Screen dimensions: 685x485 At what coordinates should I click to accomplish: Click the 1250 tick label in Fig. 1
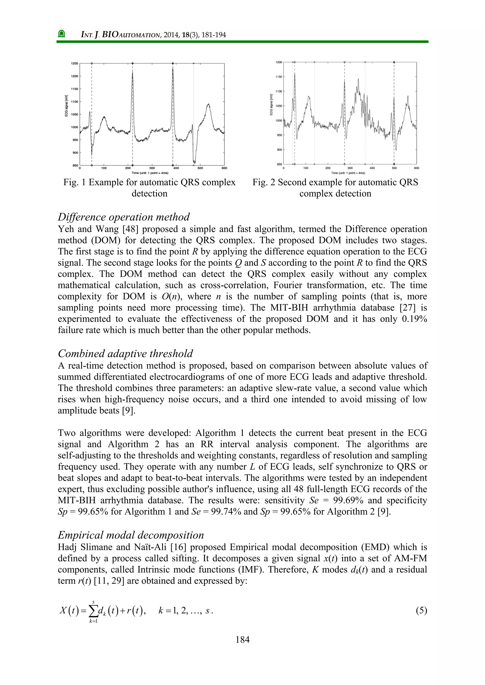coord(74,64)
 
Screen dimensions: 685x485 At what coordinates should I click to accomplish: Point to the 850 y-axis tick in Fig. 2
coord(279,164)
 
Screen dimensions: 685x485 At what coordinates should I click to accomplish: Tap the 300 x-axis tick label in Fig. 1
coord(152,168)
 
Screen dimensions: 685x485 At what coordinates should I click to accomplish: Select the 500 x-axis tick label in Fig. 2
coord(394,168)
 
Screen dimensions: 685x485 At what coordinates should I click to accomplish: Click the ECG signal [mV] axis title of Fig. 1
coord(66,106)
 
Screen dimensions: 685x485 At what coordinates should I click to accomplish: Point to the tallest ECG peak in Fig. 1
coord(173,67)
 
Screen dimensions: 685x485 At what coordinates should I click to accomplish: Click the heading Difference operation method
coord(124,217)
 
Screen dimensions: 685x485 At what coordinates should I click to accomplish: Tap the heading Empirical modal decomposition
coord(131,535)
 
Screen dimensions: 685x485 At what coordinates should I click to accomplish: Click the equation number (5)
coord(421,610)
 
